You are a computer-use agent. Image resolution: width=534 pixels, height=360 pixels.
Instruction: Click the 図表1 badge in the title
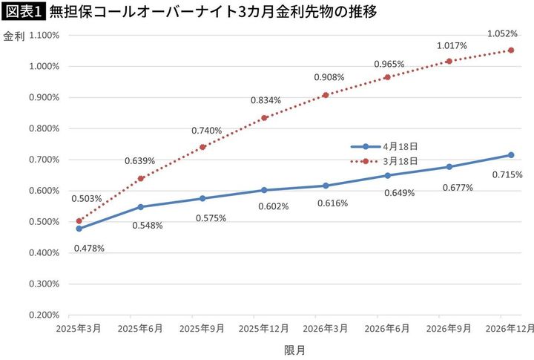pyautogui.click(x=23, y=11)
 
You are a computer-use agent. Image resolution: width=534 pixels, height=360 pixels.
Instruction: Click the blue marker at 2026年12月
pyautogui.click(x=511, y=155)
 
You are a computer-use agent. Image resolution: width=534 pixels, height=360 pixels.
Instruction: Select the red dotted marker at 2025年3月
pyautogui.click(x=79, y=221)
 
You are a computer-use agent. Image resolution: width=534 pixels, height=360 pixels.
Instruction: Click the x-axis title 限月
pyautogui.click(x=294, y=348)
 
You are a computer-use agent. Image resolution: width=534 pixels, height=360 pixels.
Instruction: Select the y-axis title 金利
pyautogui.click(x=13, y=36)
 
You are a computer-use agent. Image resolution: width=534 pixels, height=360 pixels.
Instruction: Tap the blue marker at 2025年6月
pyautogui.click(x=140, y=207)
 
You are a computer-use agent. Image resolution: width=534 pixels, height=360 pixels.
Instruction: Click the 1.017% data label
pyautogui.click(x=452, y=45)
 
